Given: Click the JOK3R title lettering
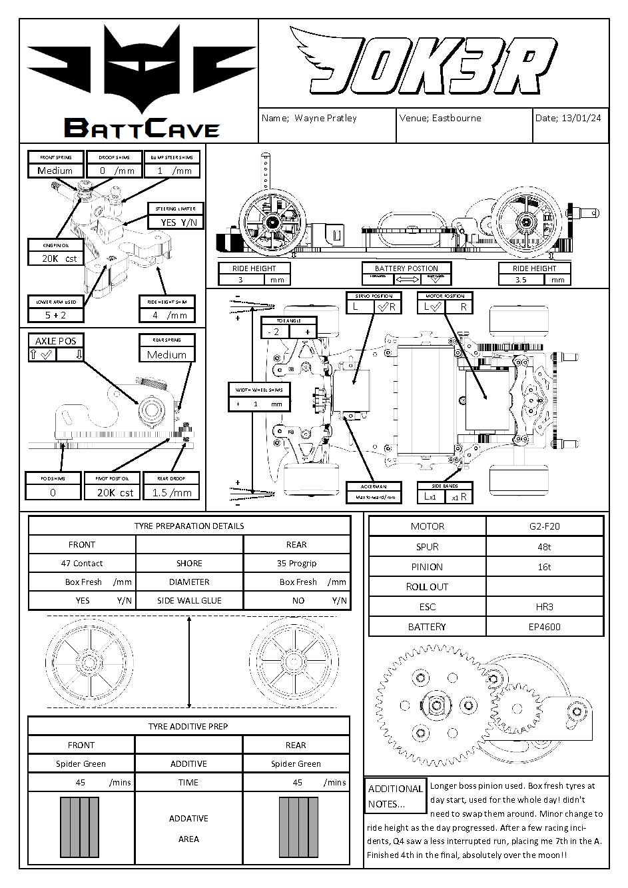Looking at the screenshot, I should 426,64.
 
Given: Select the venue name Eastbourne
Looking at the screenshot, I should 456,119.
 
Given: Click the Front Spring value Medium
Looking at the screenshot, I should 55,171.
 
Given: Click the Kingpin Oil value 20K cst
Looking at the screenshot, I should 59,258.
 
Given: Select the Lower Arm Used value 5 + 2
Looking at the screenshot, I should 55,315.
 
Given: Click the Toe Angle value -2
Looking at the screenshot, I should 274,332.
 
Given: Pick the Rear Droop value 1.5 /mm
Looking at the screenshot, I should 171,493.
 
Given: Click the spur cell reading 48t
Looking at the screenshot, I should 544,547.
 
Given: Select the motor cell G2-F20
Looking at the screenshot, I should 544,526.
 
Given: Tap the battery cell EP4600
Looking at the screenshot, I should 544,627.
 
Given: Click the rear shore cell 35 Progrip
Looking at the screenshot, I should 296,564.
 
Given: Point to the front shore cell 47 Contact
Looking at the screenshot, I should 82,564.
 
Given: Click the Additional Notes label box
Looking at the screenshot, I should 395,796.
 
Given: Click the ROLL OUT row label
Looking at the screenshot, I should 427,587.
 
